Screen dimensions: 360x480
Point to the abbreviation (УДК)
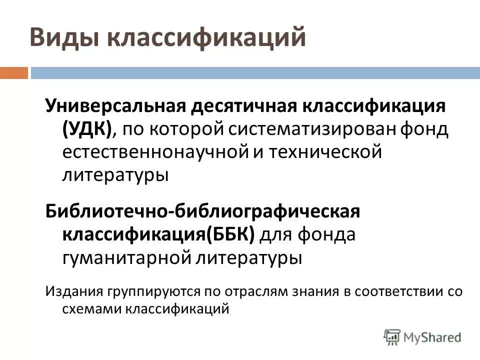(x=87, y=129)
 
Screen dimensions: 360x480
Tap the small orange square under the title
(x=13, y=73)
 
